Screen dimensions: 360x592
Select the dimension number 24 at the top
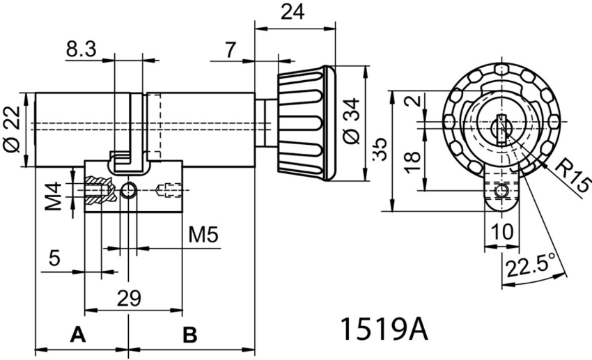pyautogui.click(x=293, y=13)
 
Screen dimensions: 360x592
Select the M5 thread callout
pyautogui.click(x=203, y=235)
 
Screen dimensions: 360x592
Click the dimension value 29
pyautogui.click(x=129, y=298)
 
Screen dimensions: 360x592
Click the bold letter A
pyautogui.click(x=78, y=335)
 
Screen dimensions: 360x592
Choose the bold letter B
pyautogui.click(x=189, y=335)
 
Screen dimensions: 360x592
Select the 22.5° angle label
pyautogui.click(x=531, y=266)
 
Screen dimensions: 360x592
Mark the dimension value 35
pyautogui.click(x=379, y=150)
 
